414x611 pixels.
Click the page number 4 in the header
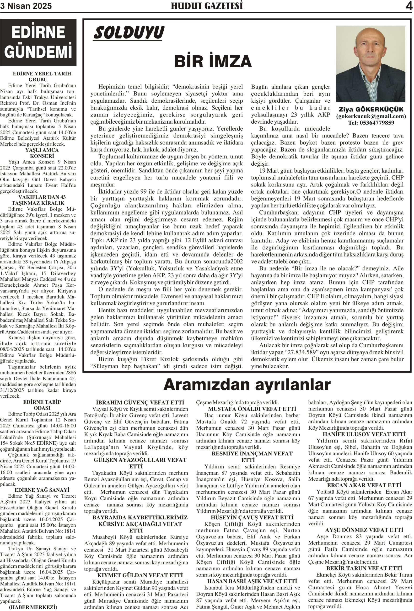pyautogui.click(x=409, y=6)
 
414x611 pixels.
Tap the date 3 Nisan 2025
pyautogui.click(x=26, y=6)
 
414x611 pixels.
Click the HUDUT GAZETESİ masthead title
pyautogui.click(x=207, y=6)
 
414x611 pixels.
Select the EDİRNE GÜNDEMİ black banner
pyautogui.click(x=38, y=42)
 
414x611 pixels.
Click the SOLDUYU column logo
pyautogui.click(x=129, y=33)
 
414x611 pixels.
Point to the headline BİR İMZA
pyautogui.click(x=213, y=62)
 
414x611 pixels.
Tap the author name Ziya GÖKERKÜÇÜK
pyautogui.click(x=371, y=109)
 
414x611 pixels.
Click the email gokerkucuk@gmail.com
pyautogui.click(x=371, y=116)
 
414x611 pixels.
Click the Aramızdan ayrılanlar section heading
pyautogui.click(x=247, y=385)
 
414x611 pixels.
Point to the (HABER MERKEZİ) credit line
pyautogui.click(x=33, y=607)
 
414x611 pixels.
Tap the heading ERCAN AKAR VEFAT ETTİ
pyautogui.click(x=364, y=485)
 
